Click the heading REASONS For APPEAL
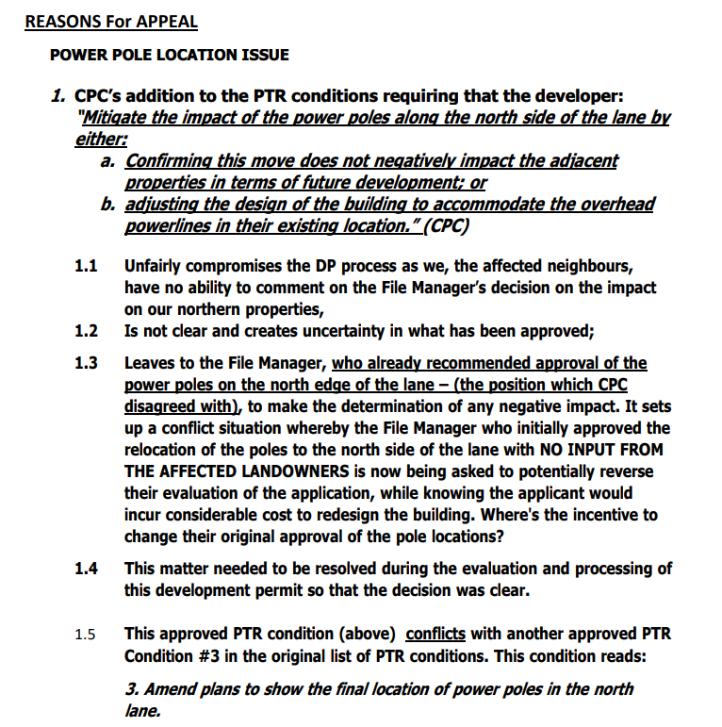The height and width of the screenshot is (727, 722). [110, 21]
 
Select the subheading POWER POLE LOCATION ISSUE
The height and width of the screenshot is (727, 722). [170, 55]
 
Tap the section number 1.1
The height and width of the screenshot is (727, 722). [87, 268]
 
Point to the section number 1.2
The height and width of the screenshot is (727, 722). [87, 331]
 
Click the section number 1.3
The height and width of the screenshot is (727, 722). [87, 363]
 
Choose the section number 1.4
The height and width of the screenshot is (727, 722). [87, 569]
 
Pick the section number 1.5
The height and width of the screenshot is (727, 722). [87, 635]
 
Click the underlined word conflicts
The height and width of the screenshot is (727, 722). [435, 634]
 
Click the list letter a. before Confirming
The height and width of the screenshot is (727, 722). [108, 161]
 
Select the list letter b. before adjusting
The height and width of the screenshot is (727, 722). [108, 205]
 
